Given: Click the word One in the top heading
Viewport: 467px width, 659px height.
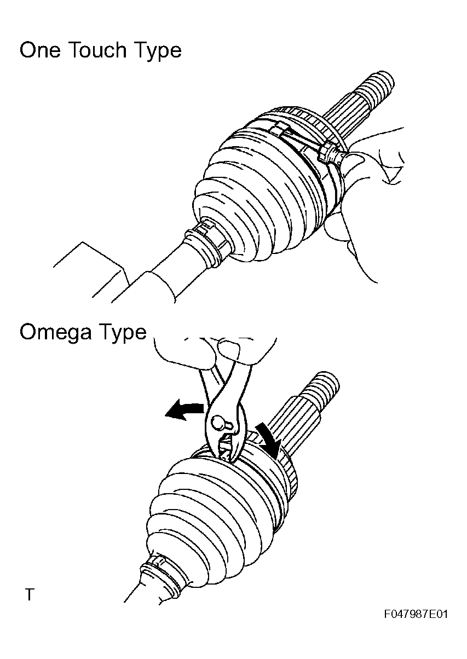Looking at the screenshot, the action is coord(40,50).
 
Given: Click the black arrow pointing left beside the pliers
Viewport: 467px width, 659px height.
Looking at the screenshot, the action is coord(184,410).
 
